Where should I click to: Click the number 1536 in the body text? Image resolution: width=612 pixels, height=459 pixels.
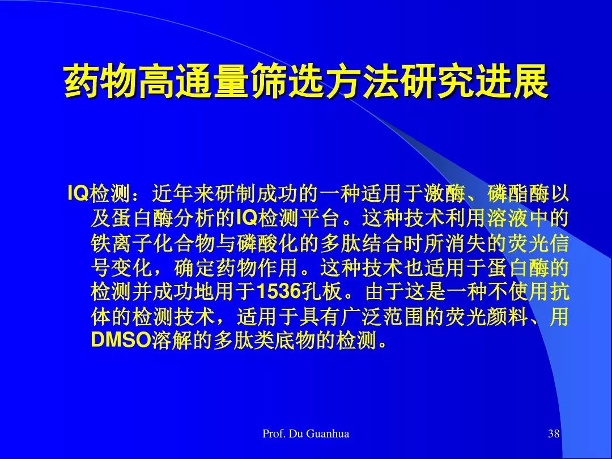pos(279,292)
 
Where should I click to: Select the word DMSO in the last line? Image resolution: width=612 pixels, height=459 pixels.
pos(121,341)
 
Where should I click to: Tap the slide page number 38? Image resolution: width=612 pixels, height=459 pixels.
pos(554,433)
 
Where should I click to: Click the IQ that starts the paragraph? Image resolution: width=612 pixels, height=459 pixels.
pos(78,193)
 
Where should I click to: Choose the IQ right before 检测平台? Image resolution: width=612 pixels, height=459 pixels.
pos(247,218)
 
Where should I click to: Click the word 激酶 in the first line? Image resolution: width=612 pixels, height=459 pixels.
pos(445,193)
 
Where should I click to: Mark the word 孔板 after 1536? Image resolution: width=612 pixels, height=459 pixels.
pos(322,292)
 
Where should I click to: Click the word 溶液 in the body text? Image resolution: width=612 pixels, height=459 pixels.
pos(507,218)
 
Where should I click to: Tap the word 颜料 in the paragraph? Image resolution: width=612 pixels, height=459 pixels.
pos(507,316)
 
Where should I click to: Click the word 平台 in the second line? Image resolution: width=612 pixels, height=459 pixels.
pos(319,218)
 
